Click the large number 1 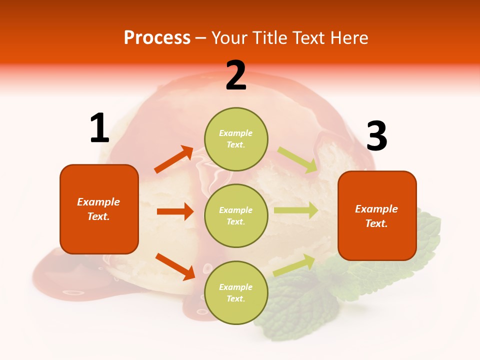[x=99, y=128]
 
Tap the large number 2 [x=236, y=76]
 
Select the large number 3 [x=376, y=136]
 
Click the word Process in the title [x=157, y=37]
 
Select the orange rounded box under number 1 [x=99, y=209]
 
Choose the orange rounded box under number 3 [x=377, y=215]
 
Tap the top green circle [x=236, y=139]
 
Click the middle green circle [x=236, y=215]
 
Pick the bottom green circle [x=236, y=292]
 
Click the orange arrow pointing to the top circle [x=174, y=159]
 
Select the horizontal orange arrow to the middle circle [x=175, y=211]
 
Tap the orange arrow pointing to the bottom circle [x=175, y=266]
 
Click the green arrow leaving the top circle [x=297, y=160]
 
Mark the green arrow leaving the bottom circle [x=294, y=265]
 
